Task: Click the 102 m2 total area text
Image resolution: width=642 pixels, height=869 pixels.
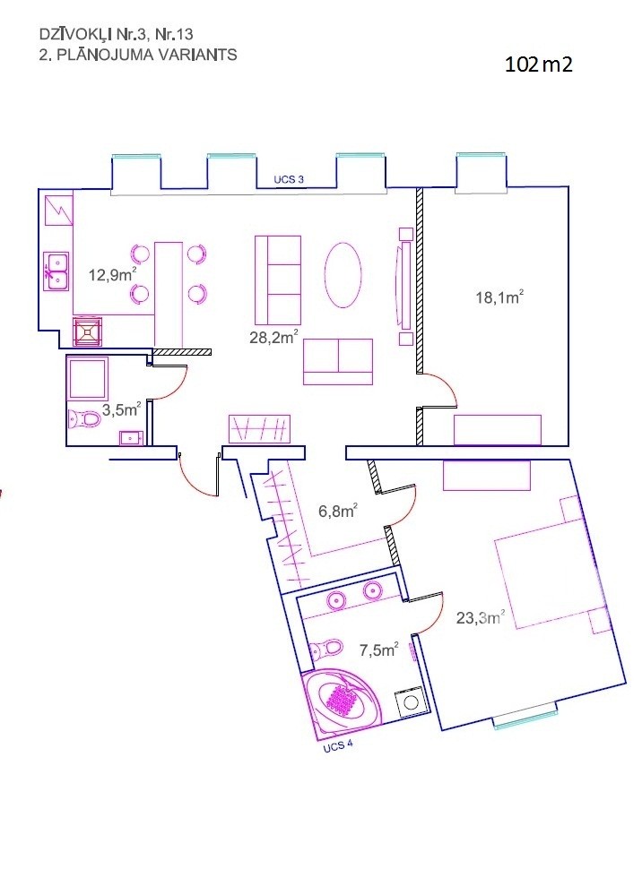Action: click(538, 65)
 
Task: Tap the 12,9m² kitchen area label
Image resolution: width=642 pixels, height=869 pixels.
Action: click(113, 274)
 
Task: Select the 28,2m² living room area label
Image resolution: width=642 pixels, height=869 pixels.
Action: click(274, 336)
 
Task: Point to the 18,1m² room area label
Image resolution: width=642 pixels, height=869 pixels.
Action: click(499, 297)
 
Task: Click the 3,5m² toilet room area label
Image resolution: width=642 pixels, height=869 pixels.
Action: click(121, 409)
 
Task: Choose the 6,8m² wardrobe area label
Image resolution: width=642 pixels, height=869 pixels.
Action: click(337, 511)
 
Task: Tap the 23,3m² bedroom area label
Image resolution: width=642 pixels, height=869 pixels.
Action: click(481, 617)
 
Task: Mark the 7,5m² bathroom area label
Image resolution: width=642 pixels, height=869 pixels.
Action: click(379, 650)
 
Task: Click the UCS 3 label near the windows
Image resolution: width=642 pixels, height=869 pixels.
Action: click(289, 179)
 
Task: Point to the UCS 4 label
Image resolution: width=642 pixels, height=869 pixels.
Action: click(338, 746)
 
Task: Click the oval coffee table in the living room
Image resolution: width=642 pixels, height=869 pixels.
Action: click(343, 274)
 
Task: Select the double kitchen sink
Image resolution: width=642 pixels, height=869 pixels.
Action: click(56, 271)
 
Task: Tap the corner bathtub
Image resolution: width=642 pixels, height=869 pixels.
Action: click(340, 701)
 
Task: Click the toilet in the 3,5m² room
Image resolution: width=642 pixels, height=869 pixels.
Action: click(84, 419)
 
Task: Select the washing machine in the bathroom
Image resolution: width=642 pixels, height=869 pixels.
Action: click(411, 701)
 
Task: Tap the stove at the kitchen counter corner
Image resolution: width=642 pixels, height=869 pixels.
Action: click(88, 331)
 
